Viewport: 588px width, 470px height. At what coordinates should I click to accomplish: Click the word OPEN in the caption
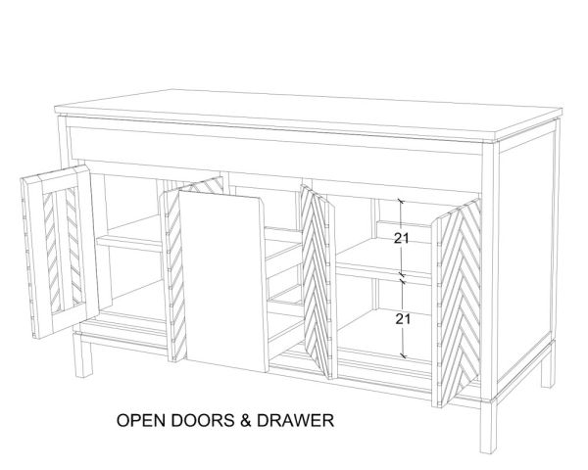(x=141, y=420)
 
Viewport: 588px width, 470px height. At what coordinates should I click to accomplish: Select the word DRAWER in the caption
(x=295, y=420)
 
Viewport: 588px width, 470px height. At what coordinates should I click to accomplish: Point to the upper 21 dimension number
(x=401, y=238)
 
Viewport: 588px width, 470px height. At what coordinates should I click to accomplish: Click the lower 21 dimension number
(x=403, y=319)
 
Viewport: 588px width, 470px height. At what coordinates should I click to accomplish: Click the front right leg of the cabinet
(x=489, y=426)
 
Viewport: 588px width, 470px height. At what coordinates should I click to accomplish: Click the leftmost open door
(x=60, y=252)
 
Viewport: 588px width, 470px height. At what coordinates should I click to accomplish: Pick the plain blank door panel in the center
(x=222, y=281)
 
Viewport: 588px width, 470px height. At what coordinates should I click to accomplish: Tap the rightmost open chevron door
(x=457, y=303)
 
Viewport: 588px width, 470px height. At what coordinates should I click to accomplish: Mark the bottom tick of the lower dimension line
(x=404, y=354)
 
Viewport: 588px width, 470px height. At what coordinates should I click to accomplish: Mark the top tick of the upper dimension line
(x=401, y=202)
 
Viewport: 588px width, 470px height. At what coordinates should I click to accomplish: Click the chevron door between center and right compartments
(x=318, y=281)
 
